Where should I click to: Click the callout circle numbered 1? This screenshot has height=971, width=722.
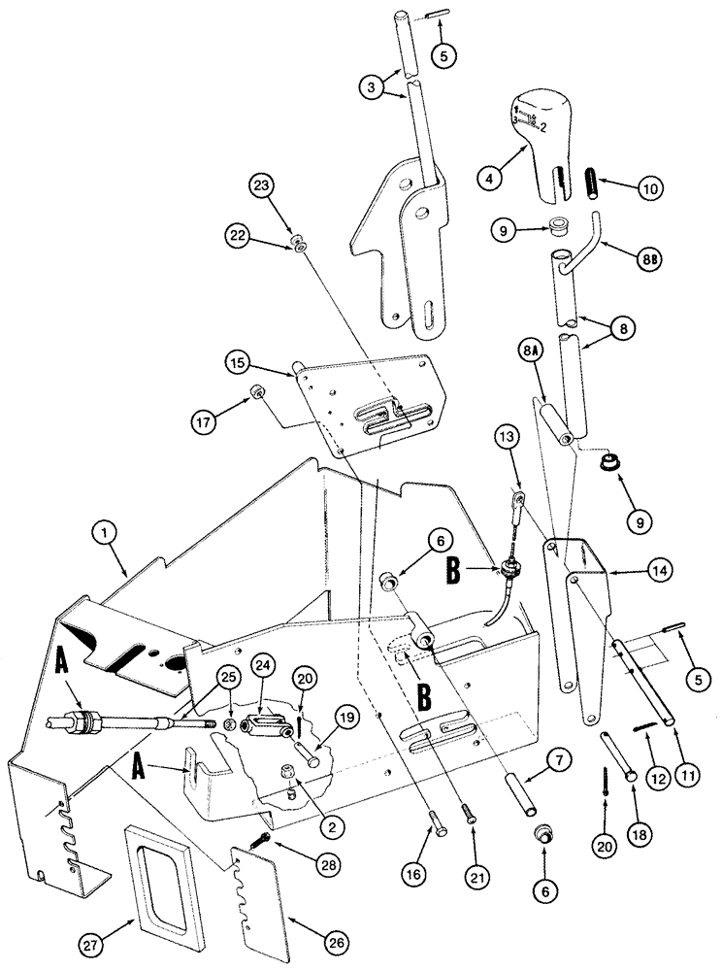click(x=104, y=531)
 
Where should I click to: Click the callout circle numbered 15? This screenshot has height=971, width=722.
click(x=239, y=364)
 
